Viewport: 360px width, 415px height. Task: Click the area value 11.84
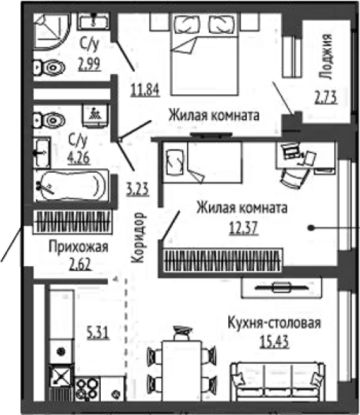tap(145, 89)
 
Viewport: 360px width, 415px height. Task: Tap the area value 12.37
tap(243, 227)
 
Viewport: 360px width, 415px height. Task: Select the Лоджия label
tap(325, 57)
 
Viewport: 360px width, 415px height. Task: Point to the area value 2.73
tap(326, 97)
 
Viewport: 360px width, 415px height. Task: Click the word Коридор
tap(138, 237)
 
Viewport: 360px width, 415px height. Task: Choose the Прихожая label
tap(78, 247)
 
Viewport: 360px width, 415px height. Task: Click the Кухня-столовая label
tap(274, 323)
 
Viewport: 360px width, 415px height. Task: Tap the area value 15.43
tap(274, 342)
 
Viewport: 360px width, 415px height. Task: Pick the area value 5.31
tap(98, 333)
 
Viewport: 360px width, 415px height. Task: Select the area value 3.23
tap(138, 190)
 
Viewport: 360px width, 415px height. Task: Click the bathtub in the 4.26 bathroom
tap(71, 186)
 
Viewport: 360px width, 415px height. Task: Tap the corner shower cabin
tap(52, 32)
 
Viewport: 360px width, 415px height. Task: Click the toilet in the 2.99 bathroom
tap(49, 68)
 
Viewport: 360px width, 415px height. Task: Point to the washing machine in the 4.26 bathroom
tap(95, 116)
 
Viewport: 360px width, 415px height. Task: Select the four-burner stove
tap(87, 388)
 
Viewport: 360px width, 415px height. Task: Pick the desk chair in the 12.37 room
tap(294, 177)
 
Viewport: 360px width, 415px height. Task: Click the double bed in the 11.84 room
tap(204, 54)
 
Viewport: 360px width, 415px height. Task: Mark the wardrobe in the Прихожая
tap(73, 222)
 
